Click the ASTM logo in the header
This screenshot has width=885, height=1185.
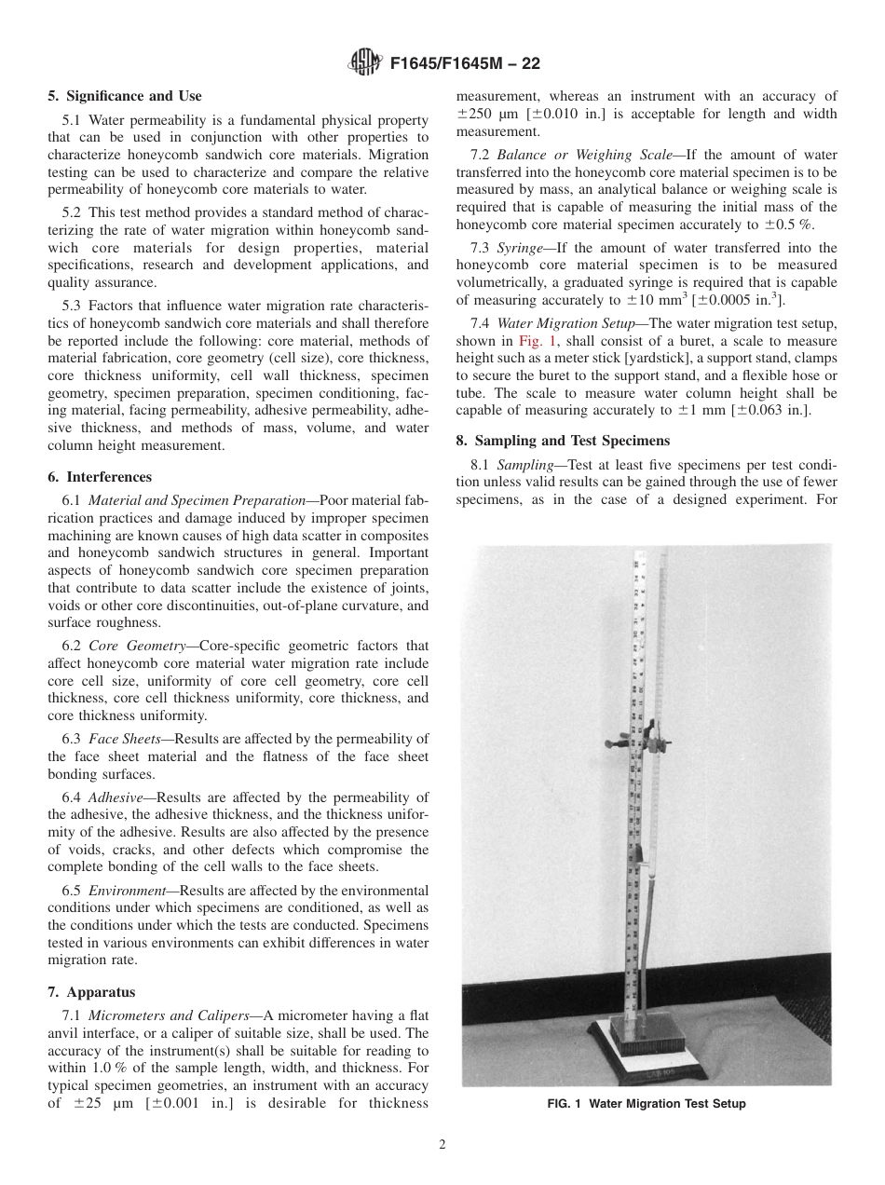click(x=364, y=62)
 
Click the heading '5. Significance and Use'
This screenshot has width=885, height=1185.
click(x=124, y=96)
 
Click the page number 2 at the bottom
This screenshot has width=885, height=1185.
click(x=442, y=1145)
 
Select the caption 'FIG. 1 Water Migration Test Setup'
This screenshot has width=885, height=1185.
click(x=646, y=1104)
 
